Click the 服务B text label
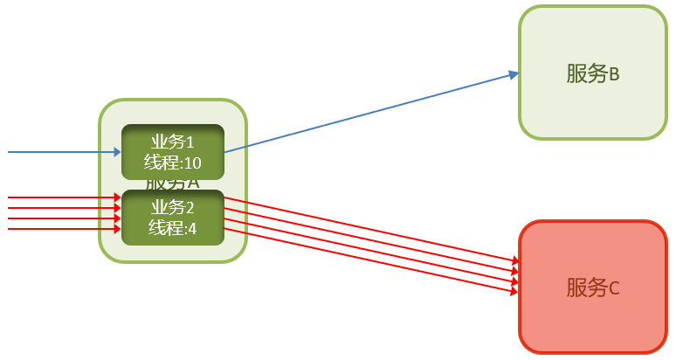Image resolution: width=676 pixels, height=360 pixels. pyautogui.click(x=592, y=73)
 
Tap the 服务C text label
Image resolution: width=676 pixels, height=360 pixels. pyautogui.click(x=592, y=287)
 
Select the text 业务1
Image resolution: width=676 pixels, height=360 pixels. pyautogui.click(x=172, y=142)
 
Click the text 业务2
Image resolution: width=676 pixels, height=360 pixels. pyautogui.click(x=172, y=208)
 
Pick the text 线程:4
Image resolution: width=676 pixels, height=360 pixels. pyautogui.click(x=172, y=228)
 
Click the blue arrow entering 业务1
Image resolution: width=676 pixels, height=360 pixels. pyautogui.click(x=61, y=152)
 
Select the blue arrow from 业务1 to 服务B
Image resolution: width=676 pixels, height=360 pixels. pyautogui.click(x=367, y=114)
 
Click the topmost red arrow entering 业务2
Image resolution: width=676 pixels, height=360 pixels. pyautogui.click(x=61, y=197)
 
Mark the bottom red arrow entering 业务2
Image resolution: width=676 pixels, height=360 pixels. pyautogui.click(x=61, y=229)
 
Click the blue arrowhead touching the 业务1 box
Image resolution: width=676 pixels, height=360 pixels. pyautogui.click(x=116, y=152)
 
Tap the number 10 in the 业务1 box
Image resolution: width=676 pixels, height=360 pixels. pyautogui.click(x=192, y=163)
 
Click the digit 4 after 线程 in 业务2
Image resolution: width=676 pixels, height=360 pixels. pyautogui.click(x=193, y=228)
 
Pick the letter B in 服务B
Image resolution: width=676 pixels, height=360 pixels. pyautogui.click(x=613, y=74)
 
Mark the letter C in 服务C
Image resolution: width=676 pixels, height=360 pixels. pyautogui.click(x=613, y=288)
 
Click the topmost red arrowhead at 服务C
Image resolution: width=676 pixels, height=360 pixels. pyautogui.click(x=515, y=260)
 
